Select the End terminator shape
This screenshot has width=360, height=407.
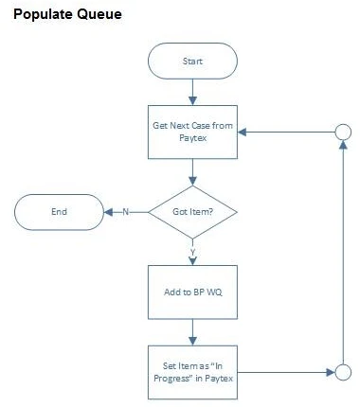click(x=59, y=211)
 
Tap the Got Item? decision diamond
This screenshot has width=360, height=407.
click(x=192, y=211)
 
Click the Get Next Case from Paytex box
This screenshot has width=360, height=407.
click(x=192, y=133)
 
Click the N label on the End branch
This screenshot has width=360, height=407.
click(x=123, y=211)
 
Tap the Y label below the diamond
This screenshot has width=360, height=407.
click(x=192, y=252)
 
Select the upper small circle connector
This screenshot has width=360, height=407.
click(x=343, y=133)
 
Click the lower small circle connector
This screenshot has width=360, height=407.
click(x=343, y=372)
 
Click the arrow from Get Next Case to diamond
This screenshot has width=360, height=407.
click(x=192, y=172)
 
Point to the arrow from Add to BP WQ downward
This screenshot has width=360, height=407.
click(x=192, y=330)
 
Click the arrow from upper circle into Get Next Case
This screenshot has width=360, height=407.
click(x=284, y=133)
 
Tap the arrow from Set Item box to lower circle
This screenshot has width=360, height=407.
click(x=284, y=372)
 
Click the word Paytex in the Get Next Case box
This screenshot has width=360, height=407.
click(x=192, y=140)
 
